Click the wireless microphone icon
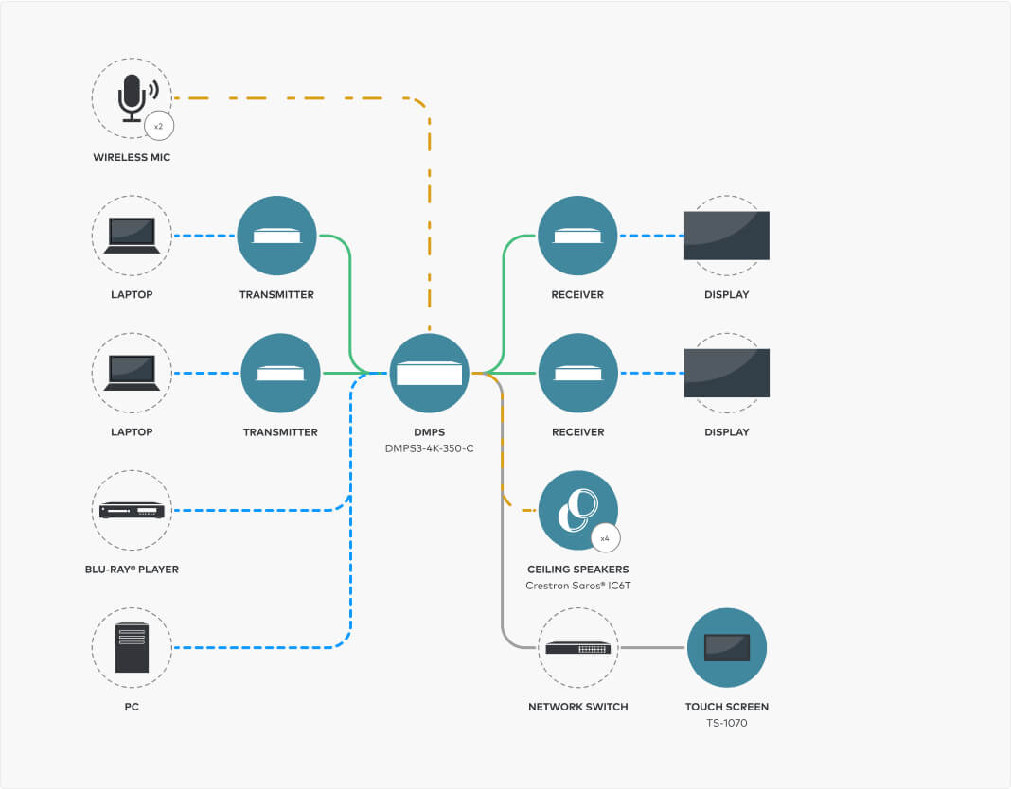click(x=131, y=97)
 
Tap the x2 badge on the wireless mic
click(x=159, y=125)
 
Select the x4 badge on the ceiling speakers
click(x=605, y=537)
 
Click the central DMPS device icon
click(x=430, y=373)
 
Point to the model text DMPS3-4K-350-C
click(x=430, y=448)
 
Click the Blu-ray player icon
click(x=132, y=511)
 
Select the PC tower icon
click(x=132, y=647)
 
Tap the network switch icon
click(x=577, y=648)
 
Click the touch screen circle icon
click(x=726, y=648)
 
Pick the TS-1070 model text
click(x=726, y=723)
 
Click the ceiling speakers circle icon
click(x=577, y=511)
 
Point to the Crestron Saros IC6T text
click(x=577, y=586)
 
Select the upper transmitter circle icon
click(x=276, y=236)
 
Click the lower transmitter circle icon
click(x=280, y=373)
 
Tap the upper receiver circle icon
click(x=577, y=236)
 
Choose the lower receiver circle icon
click(x=577, y=373)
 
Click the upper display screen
click(x=726, y=236)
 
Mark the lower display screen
click(x=726, y=373)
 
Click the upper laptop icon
click(x=132, y=236)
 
